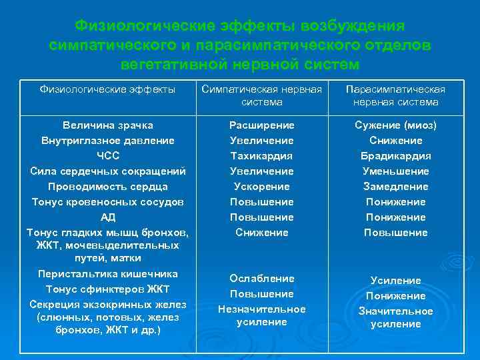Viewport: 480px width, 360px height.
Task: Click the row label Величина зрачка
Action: point(107,125)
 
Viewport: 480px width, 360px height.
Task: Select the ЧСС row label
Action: point(107,156)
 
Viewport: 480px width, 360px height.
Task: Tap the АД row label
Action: point(107,217)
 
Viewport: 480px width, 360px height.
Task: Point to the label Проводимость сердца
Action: point(107,186)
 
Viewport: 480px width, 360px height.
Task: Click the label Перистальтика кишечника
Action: point(107,274)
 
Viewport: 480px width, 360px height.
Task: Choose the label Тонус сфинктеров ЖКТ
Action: point(107,289)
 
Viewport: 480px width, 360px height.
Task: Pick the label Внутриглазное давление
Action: point(107,141)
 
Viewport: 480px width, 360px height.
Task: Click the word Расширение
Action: point(261,125)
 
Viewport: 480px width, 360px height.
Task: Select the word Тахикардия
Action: point(261,156)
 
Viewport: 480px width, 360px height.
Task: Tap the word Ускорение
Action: point(261,187)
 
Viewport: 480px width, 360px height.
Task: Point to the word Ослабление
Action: point(261,279)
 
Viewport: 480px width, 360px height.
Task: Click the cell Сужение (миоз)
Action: point(396,125)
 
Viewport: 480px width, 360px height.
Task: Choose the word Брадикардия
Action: point(396,156)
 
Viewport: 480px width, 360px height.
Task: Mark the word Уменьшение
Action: point(396,171)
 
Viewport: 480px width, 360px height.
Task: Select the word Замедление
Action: point(396,187)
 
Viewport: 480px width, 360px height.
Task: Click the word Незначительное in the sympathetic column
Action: point(261,309)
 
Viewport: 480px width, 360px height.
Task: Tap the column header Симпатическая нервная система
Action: point(261,95)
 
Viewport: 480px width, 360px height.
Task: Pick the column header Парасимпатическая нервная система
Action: point(396,95)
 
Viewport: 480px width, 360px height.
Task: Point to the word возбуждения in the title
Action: point(353,26)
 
